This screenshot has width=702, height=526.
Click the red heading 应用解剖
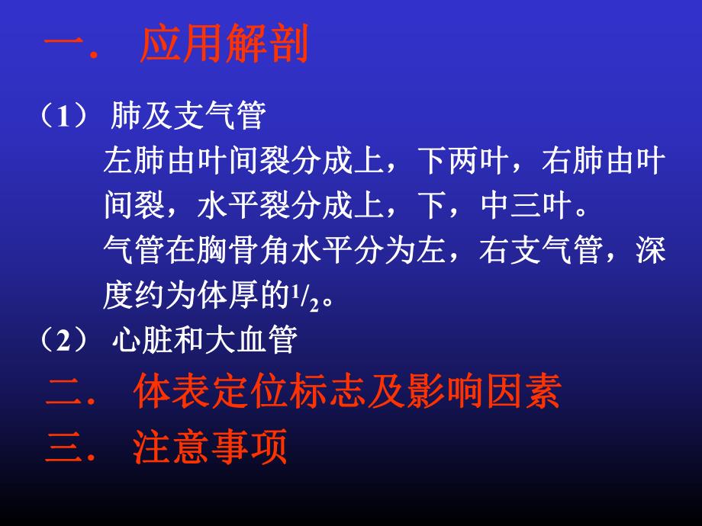click(x=224, y=47)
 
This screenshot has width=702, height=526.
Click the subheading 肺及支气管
click(x=188, y=117)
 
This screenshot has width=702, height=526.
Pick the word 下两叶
click(x=467, y=162)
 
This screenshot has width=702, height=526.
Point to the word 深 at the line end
click(x=651, y=250)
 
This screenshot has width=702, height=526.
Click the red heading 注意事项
click(x=209, y=447)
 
